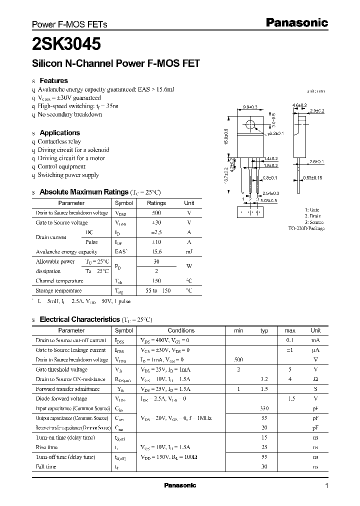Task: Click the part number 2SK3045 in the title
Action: click(66, 44)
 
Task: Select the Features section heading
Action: click(53, 80)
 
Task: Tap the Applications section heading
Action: click(59, 132)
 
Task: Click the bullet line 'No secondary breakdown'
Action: click(70, 114)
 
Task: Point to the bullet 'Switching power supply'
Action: click(68, 175)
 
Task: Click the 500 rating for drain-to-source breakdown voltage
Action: click(156, 213)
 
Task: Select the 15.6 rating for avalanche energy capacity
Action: click(156, 251)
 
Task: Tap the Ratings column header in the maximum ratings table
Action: click(156, 203)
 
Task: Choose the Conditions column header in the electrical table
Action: click(181, 330)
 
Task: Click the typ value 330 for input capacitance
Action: click(264, 408)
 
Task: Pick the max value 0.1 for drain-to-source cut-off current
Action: click(289, 340)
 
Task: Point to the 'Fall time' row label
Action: click(46, 466)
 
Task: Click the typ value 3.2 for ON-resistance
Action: click(264, 379)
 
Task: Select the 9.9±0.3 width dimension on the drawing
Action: click(250, 107)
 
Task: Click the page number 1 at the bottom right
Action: click(326, 486)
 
